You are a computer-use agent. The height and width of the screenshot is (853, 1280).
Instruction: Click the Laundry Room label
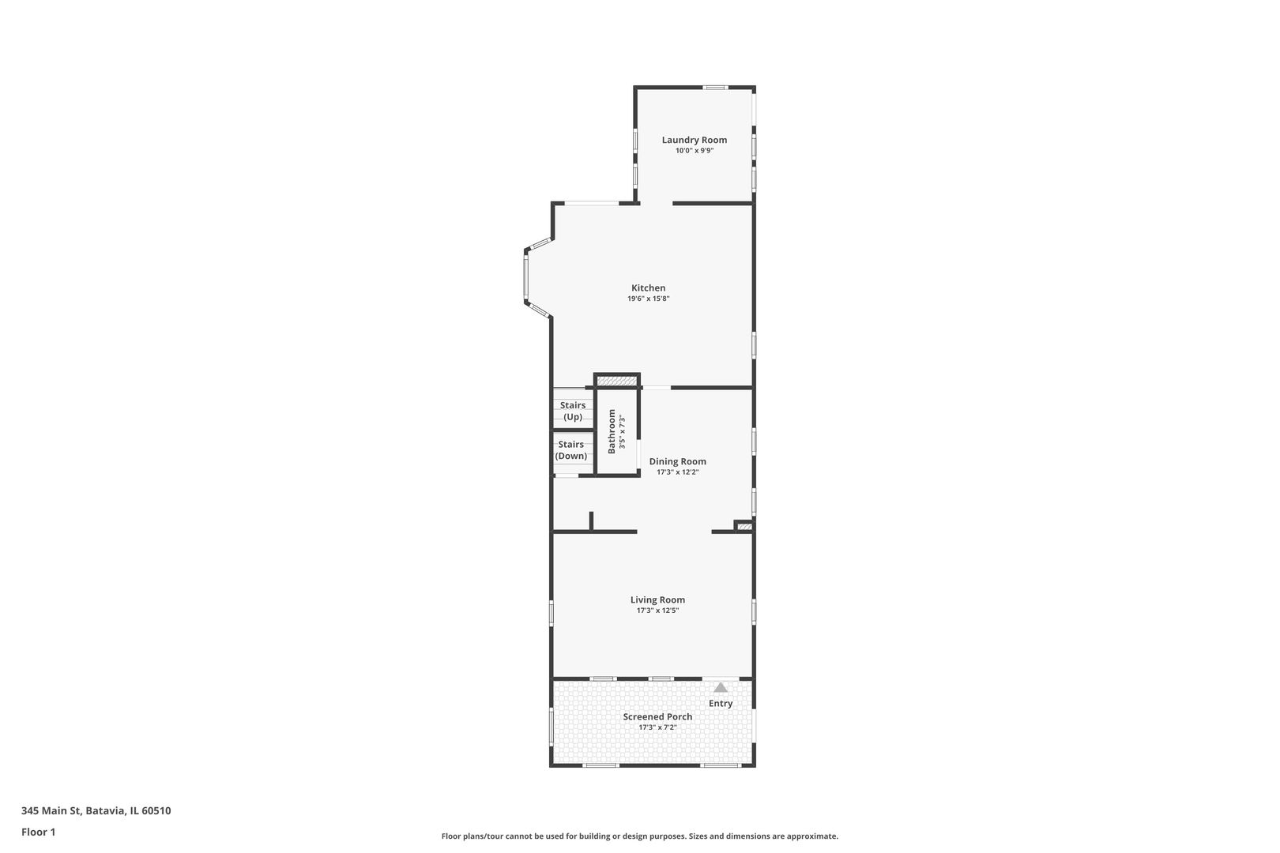[x=694, y=140]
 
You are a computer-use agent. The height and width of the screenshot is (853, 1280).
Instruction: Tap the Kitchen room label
[x=648, y=288]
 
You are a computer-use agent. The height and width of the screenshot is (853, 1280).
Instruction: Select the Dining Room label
[x=677, y=461]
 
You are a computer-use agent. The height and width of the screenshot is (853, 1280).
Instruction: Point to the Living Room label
[x=657, y=599]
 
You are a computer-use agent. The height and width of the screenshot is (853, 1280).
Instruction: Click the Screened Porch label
[x=657, y=716]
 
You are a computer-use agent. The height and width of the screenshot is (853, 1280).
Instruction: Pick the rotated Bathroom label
[x=612, y=431]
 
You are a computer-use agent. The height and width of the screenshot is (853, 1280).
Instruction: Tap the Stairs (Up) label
[x=573, y=411]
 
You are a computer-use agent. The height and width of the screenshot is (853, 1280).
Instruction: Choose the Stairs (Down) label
[x=571, y=450]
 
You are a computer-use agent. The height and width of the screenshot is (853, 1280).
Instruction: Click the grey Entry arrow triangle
[x=721, y=687]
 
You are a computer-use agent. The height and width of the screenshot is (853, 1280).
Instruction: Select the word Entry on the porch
[x=721, y=703]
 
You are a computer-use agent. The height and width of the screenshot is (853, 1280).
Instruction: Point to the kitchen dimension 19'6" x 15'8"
[x=648, y=299]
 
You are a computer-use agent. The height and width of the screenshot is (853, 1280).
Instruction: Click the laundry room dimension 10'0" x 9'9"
[x=694, y=150]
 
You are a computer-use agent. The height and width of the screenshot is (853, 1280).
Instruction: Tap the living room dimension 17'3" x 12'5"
[x=657, y=611]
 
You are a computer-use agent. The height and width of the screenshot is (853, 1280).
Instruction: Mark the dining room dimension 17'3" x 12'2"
[x=677, y=472]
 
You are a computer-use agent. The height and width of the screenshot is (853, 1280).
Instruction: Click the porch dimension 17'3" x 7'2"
[x=657, y=727]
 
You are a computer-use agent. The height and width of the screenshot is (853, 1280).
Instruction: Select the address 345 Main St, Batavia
[x=96, y=810]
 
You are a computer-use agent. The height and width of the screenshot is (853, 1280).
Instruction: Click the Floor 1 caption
[x=38, y=832]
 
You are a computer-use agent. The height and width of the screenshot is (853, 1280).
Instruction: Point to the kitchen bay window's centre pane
[x=525, y=277]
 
